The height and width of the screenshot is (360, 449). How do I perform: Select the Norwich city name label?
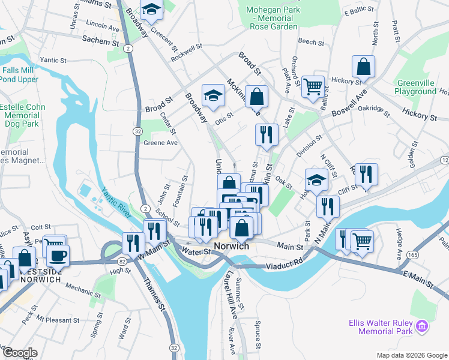click(x=231, y=247)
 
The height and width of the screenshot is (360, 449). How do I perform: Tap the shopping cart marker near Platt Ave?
click(x=313, y=86)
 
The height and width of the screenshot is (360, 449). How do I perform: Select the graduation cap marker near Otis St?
click(x=212, y=94)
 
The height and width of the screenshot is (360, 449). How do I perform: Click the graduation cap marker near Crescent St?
click(x=151, y=10)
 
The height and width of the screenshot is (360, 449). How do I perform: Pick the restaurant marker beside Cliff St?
click(x=366, y=174)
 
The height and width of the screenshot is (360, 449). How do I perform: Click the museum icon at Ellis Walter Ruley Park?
click(x=422, y=326)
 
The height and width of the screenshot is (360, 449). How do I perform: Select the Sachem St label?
click(x=101, y=41)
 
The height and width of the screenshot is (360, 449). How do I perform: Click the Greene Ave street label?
click(x=160, y=143)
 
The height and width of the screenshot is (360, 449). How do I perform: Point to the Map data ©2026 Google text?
click(x=411, y=355)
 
